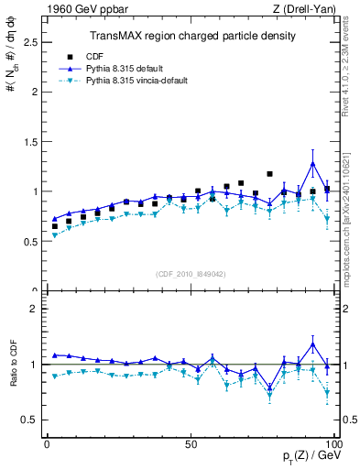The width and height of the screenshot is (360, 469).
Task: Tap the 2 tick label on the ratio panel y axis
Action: [34, 309]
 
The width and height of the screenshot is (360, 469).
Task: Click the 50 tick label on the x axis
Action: [191, 443]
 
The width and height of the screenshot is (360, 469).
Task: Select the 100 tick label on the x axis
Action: [333, 443]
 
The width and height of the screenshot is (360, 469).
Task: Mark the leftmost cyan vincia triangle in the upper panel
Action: [54, 235]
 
